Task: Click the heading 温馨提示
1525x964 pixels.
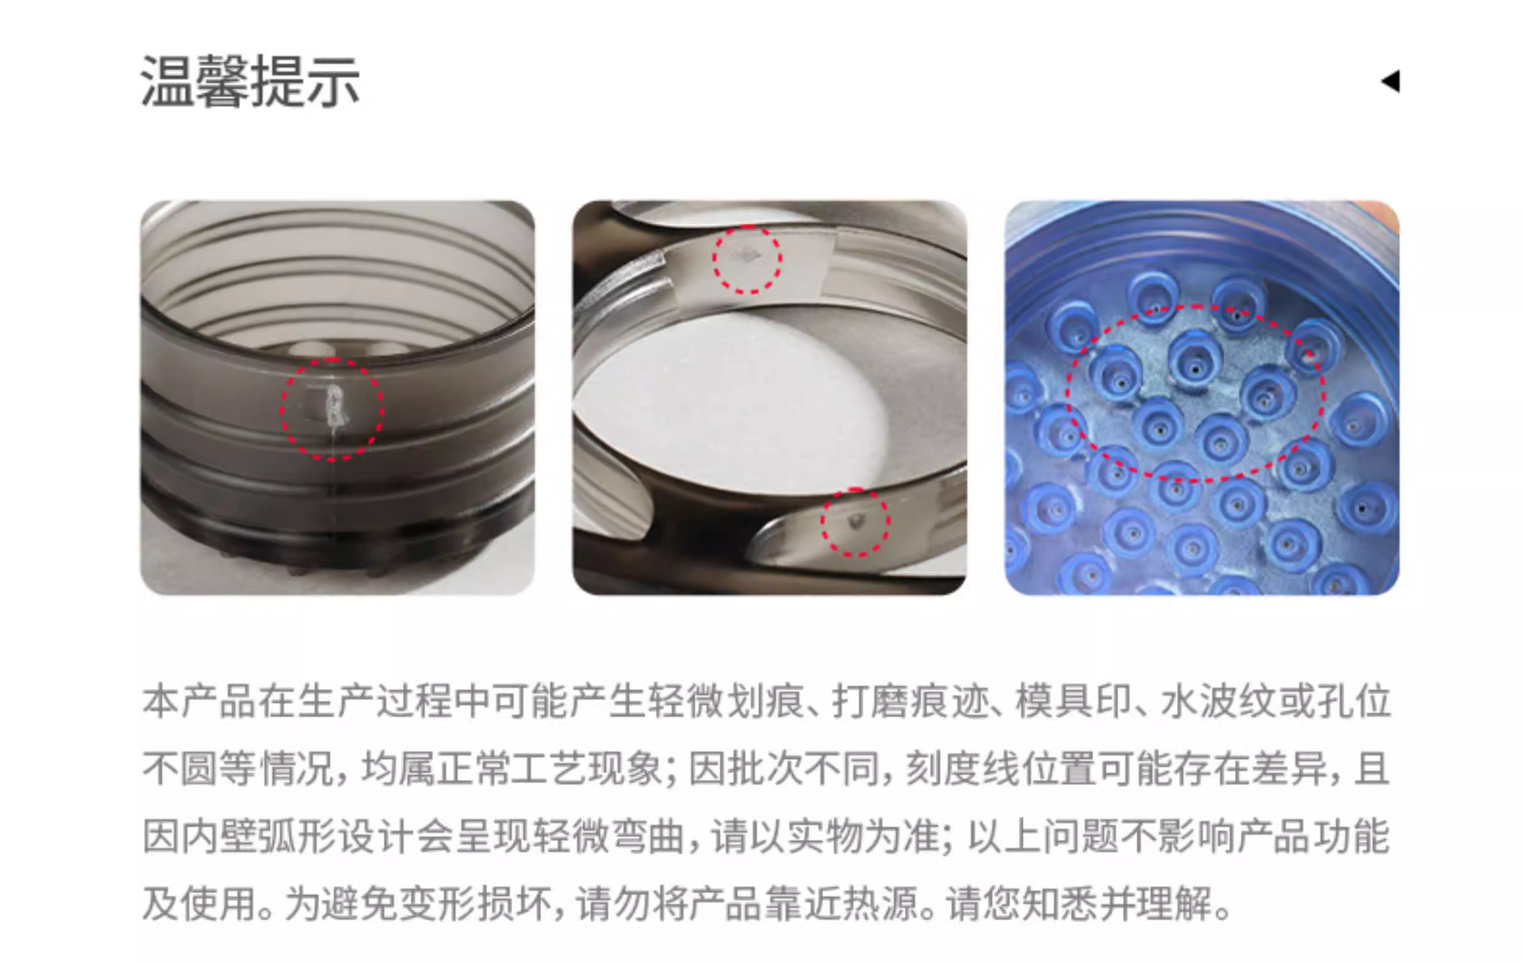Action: point(250,82)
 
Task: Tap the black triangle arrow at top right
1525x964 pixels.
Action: point(1391,81)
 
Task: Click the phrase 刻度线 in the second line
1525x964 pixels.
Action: point(962,770)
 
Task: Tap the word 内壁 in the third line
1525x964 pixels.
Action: point(219,837)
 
